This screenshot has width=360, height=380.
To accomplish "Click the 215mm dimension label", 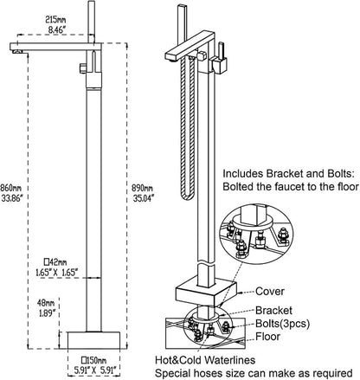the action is pyautogui.click(x=55, y=20).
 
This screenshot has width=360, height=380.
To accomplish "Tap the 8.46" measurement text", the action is pyautogui.click(x=57, y=29).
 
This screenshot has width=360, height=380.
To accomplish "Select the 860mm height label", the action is pyautogui.click(x=11, y=189).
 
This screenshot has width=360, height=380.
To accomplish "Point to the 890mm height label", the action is pyautogui.click(x=142, y=188).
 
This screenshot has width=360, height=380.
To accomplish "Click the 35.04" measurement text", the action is pyautogui.click(x=144, y=198).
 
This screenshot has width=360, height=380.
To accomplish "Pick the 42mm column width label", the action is pyautogui.click(x=55, y=262).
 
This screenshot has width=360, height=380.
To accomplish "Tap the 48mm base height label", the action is pyautogui.click(x=46, y=303).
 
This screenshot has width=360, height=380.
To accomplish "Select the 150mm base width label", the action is pyautogui.click(x=93, y=360).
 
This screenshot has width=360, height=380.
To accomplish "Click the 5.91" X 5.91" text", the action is pyautogui.click(x=94, y=370).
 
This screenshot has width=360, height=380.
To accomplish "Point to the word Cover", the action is pyautogui.click(x=270, y=292).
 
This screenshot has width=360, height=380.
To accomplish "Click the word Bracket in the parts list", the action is pyautogui.click(x=273, y=311).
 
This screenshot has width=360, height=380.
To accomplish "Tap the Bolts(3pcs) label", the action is pyautogui.click(x=283, y=324).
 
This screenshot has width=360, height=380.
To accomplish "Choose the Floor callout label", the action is pyautogui.click(x=267, y=337).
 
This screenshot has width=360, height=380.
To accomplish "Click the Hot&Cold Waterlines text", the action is pyautogui.click(x=205, y=360).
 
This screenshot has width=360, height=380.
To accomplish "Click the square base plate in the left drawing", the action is pyautogui.click(x=93, y=340).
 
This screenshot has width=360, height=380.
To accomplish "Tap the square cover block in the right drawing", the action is pyautogui.click(x=206, y=292).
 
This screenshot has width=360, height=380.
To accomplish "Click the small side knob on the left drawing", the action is pyautogui.click(x=83, y=68).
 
